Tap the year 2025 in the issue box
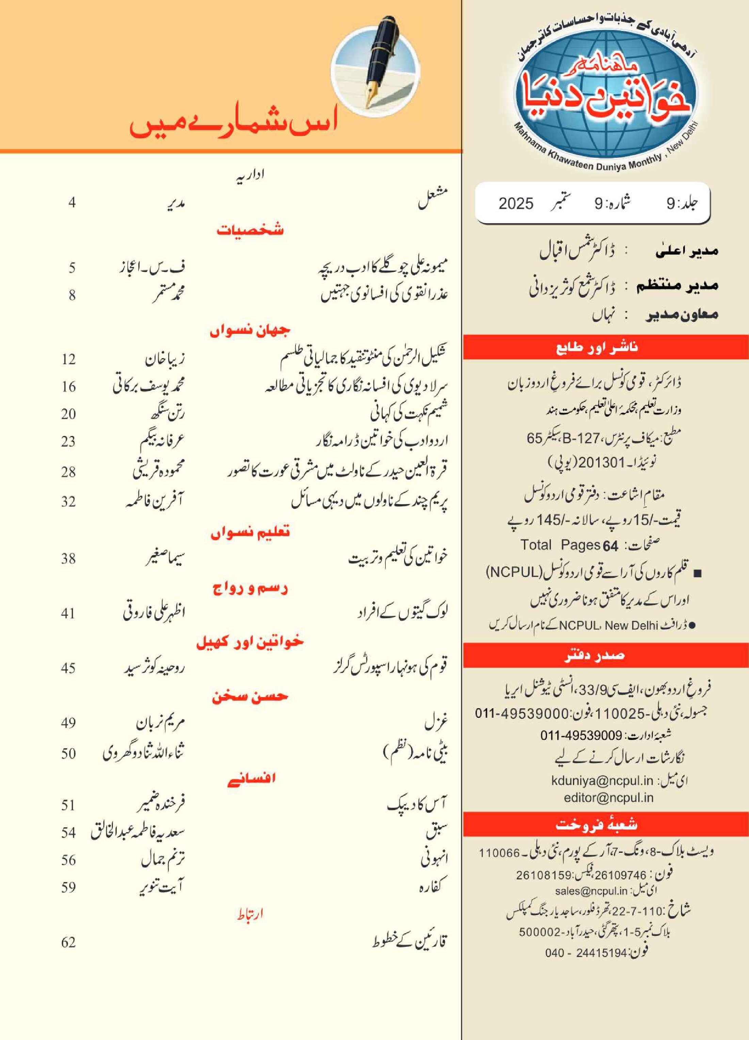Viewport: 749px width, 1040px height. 516,204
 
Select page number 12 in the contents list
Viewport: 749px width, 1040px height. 68,359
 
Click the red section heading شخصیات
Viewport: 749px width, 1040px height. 250,230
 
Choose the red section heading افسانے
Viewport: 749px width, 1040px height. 251,778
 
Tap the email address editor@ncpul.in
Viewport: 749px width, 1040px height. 608,798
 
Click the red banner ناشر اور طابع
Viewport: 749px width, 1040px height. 597,347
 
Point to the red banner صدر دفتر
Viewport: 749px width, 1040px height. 594,655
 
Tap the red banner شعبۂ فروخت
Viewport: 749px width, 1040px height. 597,825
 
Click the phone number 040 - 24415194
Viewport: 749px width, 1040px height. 586,953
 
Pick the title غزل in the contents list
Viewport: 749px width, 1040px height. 436,724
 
